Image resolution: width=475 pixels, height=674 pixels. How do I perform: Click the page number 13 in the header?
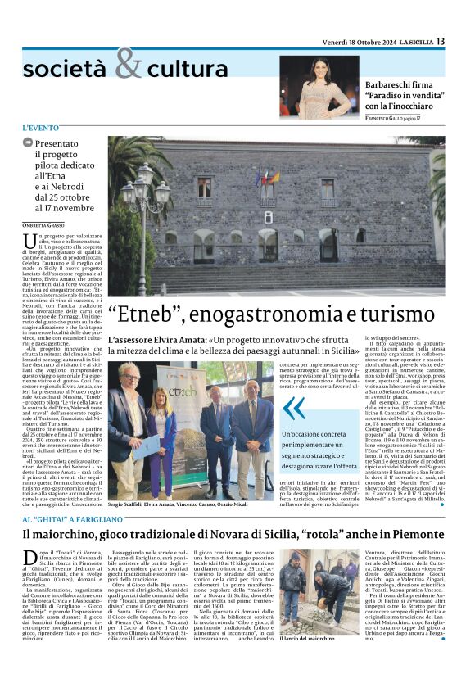[440, 41]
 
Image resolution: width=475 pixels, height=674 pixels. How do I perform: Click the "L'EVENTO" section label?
[41, 129]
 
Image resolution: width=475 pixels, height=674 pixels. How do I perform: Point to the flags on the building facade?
[267, 177]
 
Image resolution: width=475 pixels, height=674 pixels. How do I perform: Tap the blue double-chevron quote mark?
[292, 407]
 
